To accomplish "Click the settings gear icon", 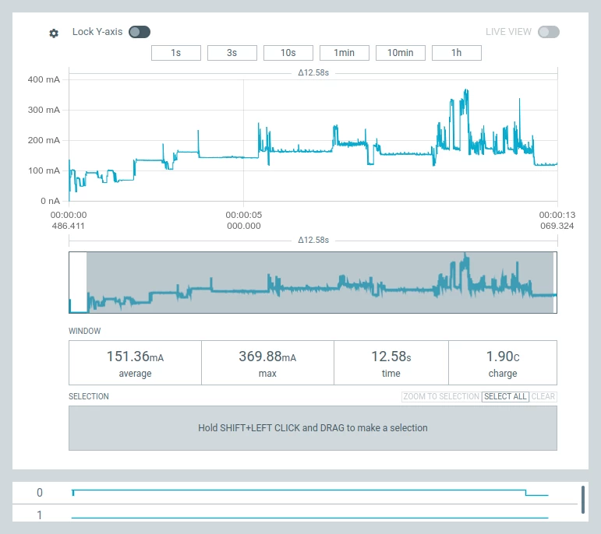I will point(54,33).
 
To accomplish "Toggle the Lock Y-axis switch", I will point(140,32).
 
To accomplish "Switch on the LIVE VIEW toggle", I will point(548,32).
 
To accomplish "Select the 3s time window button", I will point(232,53).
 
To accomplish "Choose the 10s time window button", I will point(288,53).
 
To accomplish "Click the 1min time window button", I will point(344,53).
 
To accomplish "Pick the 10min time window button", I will point(400,53).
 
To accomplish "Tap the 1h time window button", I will point(456,53).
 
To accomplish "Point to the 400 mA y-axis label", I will point(44,79).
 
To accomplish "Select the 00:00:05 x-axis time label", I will point(243,215).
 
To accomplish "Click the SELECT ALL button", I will point(505,396).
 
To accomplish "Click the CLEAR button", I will point(543,396).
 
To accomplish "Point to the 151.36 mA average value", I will point(135,357).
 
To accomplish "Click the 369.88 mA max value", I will point(267,357).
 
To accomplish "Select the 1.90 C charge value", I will point(502,357).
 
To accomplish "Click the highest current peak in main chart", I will point(466,90).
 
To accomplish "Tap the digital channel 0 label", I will point(40,493).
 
